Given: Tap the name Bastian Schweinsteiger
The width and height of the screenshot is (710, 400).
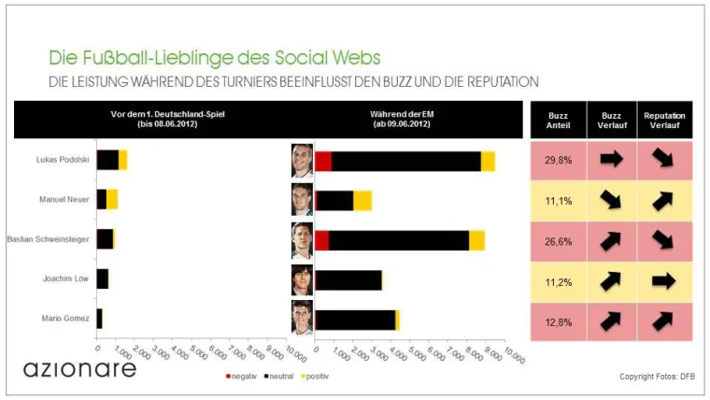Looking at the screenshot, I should [48, 239].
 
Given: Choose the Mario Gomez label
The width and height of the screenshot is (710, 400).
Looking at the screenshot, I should [67, 319].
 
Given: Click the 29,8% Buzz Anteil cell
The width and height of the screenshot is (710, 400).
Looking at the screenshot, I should [558, 160].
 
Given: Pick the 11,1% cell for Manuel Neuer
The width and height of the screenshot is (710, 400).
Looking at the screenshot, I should [558, 200].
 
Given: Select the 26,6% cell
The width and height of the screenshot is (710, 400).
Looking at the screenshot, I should [558, 240].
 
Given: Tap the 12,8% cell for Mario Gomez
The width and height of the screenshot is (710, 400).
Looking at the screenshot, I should [558, 321].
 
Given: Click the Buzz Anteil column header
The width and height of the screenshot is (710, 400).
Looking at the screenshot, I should [558, 121].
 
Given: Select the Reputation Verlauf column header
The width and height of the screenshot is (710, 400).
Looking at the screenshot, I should [664, 121].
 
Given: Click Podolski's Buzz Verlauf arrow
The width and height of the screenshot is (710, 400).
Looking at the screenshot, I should [611, 160].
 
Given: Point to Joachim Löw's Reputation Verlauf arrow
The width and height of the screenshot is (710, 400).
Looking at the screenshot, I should [664, 280].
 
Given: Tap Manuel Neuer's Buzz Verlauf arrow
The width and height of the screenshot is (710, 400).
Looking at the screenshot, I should [611, 200].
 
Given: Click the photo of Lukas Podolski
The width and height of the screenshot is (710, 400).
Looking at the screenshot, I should [302, 160].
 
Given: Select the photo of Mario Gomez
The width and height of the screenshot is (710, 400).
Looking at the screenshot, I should [302, 319].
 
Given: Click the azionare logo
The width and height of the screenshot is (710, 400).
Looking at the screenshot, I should [79, 367].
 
